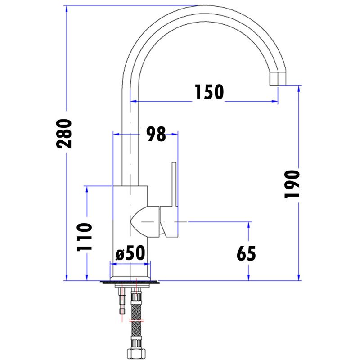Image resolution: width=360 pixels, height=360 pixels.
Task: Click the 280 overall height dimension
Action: [x=64, y=134]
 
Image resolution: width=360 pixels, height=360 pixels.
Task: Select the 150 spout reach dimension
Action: [x=209, y=92]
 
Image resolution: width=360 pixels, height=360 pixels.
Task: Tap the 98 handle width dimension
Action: [x=156, y=134]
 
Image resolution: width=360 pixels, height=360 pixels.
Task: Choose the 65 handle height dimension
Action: [x=246, y=254]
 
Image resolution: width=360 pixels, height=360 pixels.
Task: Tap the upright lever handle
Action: [x=174, y=184]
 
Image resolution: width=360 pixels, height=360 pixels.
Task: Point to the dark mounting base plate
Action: [x=130, y=283]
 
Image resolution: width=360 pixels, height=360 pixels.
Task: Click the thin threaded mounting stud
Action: [x=121, y=301]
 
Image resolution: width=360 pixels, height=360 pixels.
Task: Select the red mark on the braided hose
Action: [x=135, y=320]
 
